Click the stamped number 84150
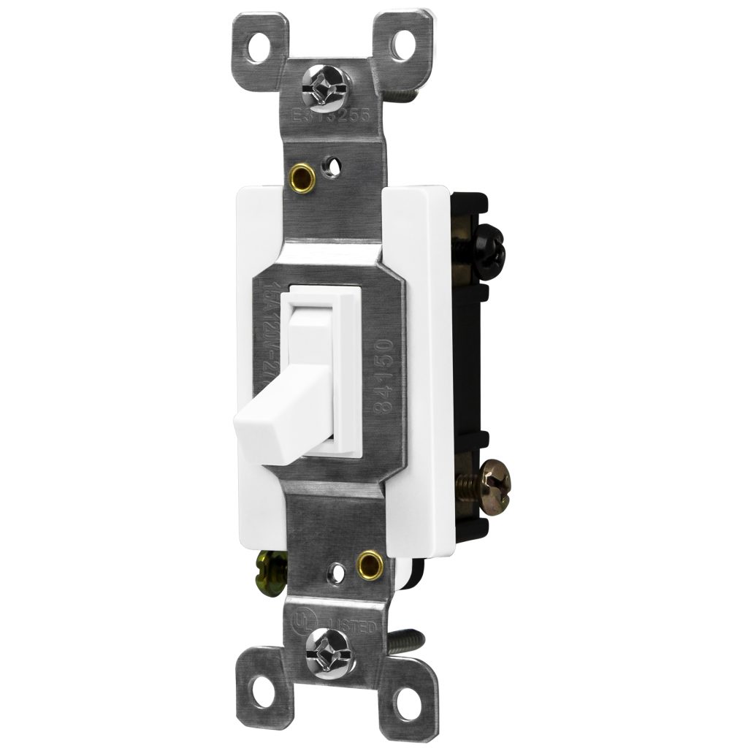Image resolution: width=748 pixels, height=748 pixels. [386, 376]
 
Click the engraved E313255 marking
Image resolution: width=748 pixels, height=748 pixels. [332, 116]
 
